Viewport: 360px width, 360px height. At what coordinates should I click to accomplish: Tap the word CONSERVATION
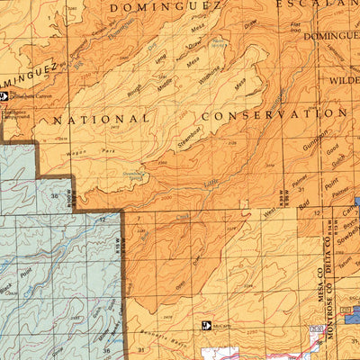pyautogui.click(x=274, y=115)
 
